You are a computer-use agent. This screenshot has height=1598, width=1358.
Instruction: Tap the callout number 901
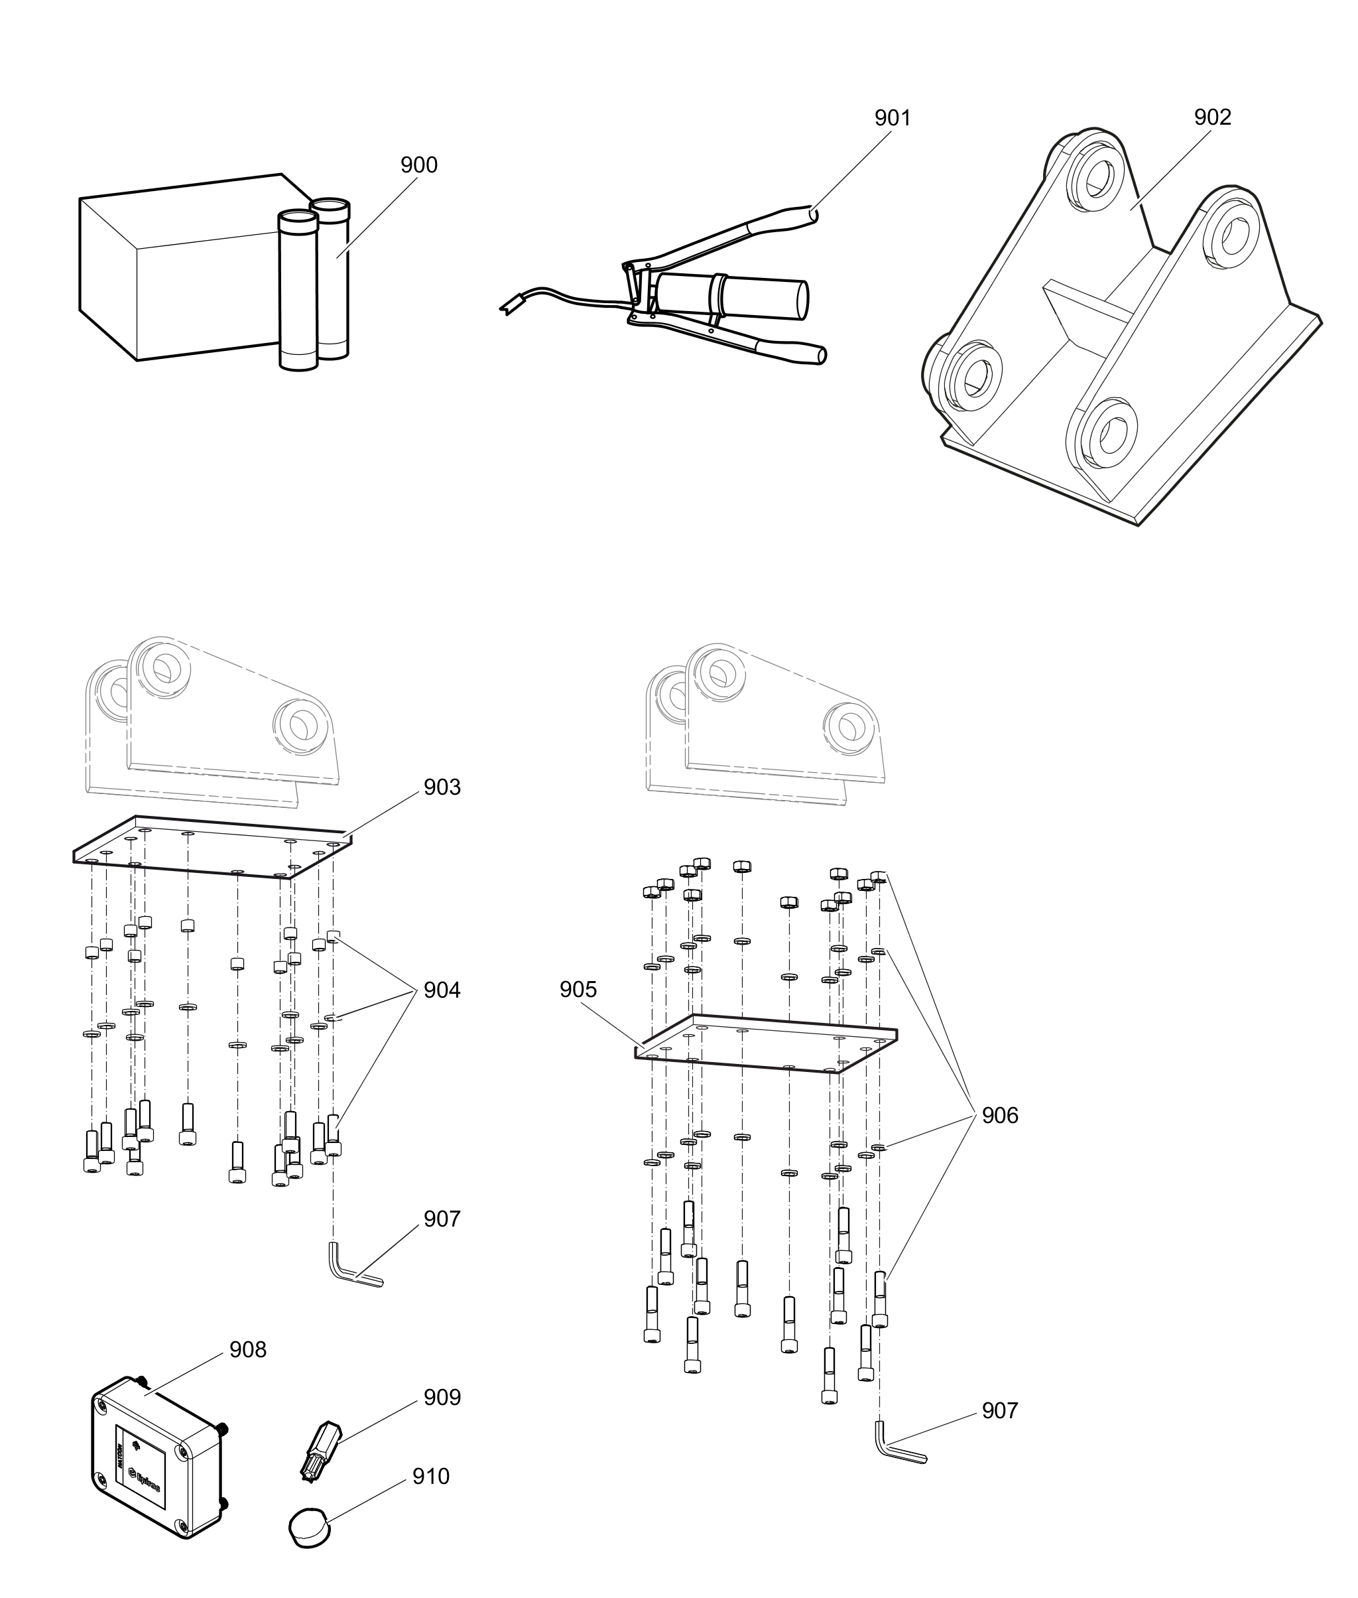point(893,119)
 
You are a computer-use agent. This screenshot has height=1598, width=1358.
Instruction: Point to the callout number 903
point(442,788)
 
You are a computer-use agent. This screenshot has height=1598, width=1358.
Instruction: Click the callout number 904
point(442,990)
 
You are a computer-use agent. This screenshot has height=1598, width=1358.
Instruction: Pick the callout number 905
point(578,990)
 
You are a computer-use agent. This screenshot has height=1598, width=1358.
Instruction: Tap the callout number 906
point(999,1116)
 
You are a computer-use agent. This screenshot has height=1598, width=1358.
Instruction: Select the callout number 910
point(430,1477)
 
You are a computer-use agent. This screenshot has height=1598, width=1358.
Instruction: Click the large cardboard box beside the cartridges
point(177,269)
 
